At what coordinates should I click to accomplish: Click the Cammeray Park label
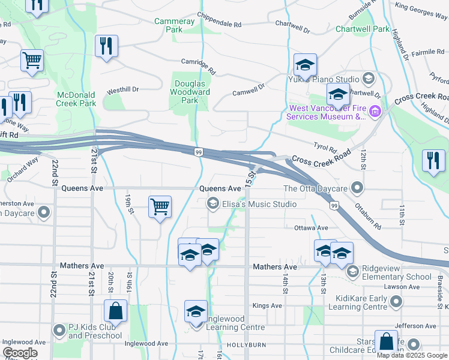pyautogui.click(x=175, y=25)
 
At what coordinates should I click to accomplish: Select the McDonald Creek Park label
pyautogui.click(x=76, y=99)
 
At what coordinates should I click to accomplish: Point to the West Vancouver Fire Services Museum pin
pyautogui.click(x=375, y=112)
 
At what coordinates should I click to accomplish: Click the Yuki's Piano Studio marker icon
pyautogui.click(x=368, y=79)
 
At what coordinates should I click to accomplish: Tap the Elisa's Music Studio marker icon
pyautogui.click(x=212, y=205)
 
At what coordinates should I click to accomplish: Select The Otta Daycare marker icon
pyautogui.click(x=358, y=189)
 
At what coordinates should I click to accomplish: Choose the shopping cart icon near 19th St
pyautogui.click(x=160, y=207)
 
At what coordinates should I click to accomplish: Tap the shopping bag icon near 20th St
pyautogui.click(x=115, y=311)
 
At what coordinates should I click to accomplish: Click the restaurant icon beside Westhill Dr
pyautogui.click(x=106, y=46)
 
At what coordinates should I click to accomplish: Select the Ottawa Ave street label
pyautogui.click(x=311, y=228)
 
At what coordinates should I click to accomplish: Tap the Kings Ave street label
pyautogui.click(x=267, y=305)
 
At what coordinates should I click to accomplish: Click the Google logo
pyautogui.click(x=20, y=353)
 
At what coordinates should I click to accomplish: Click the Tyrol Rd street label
pyautogui.click(x=325, y=147)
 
